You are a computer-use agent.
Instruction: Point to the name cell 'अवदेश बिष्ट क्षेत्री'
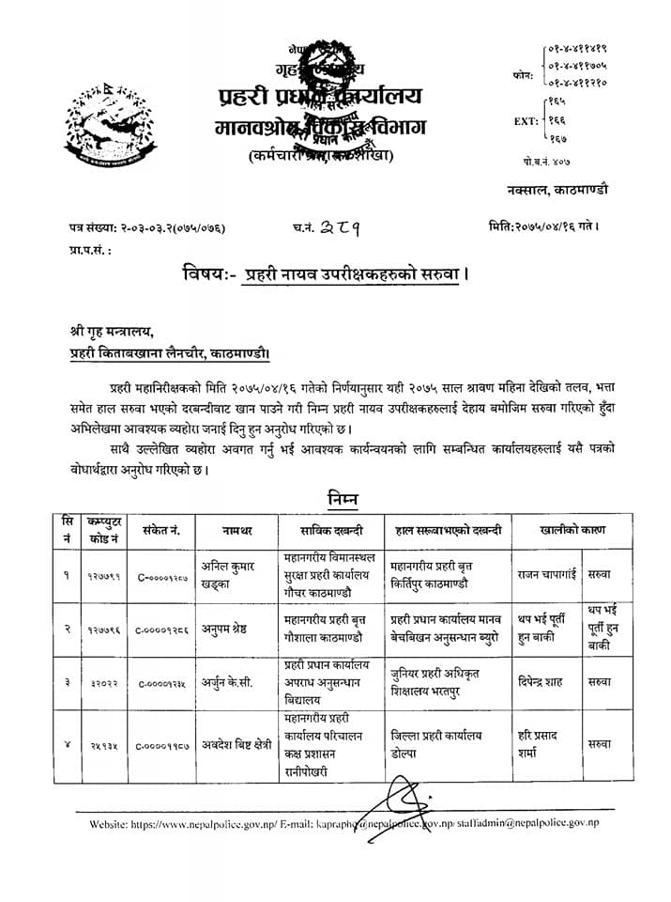pyautogui.click(x=235, y=743)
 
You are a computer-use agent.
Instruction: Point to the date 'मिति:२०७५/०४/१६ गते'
pyautogui.click(x=543, y=226)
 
